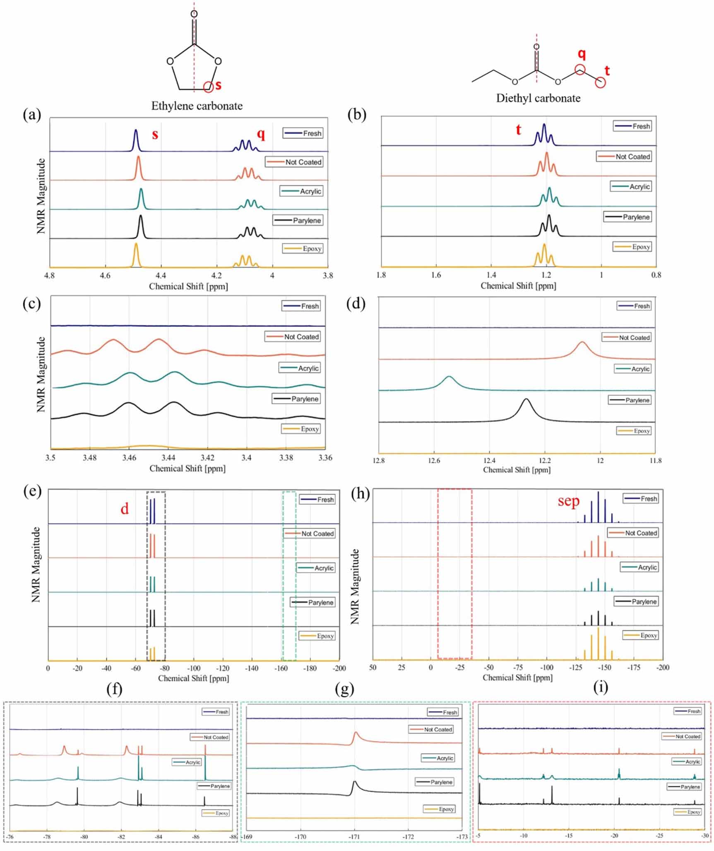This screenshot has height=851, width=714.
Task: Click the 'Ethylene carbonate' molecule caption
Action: (197, 106)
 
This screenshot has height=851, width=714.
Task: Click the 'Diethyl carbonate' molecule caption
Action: (538, 99)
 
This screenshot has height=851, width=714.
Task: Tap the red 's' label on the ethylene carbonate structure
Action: (218, 85)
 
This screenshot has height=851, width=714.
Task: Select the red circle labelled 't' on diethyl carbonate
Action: (600, 82)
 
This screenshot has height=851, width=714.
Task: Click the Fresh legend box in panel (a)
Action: (303, 133)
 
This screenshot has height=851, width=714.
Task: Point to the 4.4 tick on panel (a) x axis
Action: (161, 276)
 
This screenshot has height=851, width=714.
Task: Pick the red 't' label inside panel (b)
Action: (518, 130)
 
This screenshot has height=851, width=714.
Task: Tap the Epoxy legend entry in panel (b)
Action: (632, 247)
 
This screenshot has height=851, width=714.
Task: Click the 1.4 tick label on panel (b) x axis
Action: (491, 275)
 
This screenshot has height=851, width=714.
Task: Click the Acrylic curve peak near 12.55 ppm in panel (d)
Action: (449, 377)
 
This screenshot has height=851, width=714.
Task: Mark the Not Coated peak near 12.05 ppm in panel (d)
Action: (582, 342)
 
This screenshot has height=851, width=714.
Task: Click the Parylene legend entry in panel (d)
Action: (630, 400)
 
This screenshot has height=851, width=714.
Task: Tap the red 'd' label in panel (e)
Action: (125, 509)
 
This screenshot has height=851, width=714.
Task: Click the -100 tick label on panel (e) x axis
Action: (193, 668)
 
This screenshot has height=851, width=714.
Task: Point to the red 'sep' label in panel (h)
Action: (568, 501)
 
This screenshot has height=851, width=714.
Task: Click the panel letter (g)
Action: (344, 689)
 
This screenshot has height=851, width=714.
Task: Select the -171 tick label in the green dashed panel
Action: (354, 837)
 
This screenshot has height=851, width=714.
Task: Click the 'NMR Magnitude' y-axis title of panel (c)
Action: (41, 375)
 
